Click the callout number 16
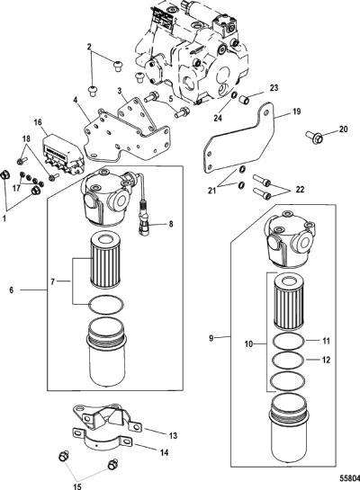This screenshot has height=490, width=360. point(38,122)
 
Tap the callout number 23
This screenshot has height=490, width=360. point(274,88)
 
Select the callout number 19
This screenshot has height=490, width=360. point(296,111)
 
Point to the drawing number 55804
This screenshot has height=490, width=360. point(350,478)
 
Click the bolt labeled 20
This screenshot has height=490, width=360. point(313,137)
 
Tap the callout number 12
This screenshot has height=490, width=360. point(326,360)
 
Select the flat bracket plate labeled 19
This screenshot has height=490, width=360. point(238,138)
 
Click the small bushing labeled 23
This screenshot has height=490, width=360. point(244,101)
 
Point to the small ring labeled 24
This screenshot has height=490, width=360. point(233,94)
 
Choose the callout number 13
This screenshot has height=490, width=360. point(173,435)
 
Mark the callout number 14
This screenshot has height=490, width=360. point(164,452)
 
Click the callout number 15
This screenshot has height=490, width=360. point(76,486)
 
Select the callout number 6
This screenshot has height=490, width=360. point(12,290)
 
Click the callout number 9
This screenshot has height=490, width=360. point(211,338)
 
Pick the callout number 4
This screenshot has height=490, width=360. point(75,101)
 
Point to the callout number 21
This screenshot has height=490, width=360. point(212,190)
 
